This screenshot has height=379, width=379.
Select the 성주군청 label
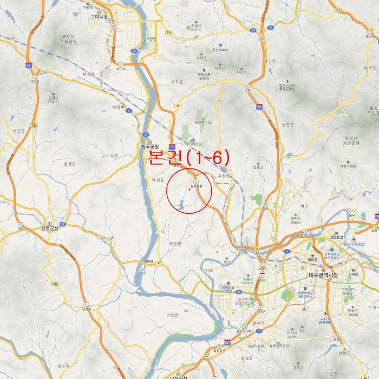(x=49, y=228)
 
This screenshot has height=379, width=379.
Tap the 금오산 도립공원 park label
(x=69, y=39)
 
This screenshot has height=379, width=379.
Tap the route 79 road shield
(x=177, y=106)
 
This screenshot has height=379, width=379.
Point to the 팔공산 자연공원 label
(x=351, y=141)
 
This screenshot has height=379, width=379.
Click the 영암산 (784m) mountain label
(x=53, y=100)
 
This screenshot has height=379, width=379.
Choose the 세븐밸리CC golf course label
(x=204, y=122)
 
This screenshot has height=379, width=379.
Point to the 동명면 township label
(x=287, y=125)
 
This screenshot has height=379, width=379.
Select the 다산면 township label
(x=173, y=315)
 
